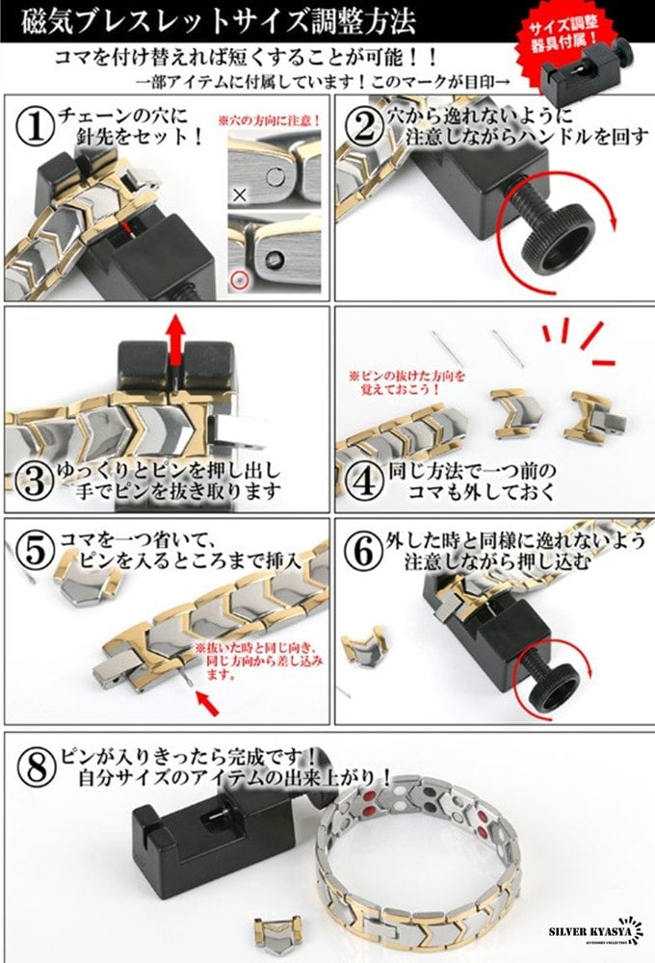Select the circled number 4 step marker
[363, 478]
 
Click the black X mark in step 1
[240, 193]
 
